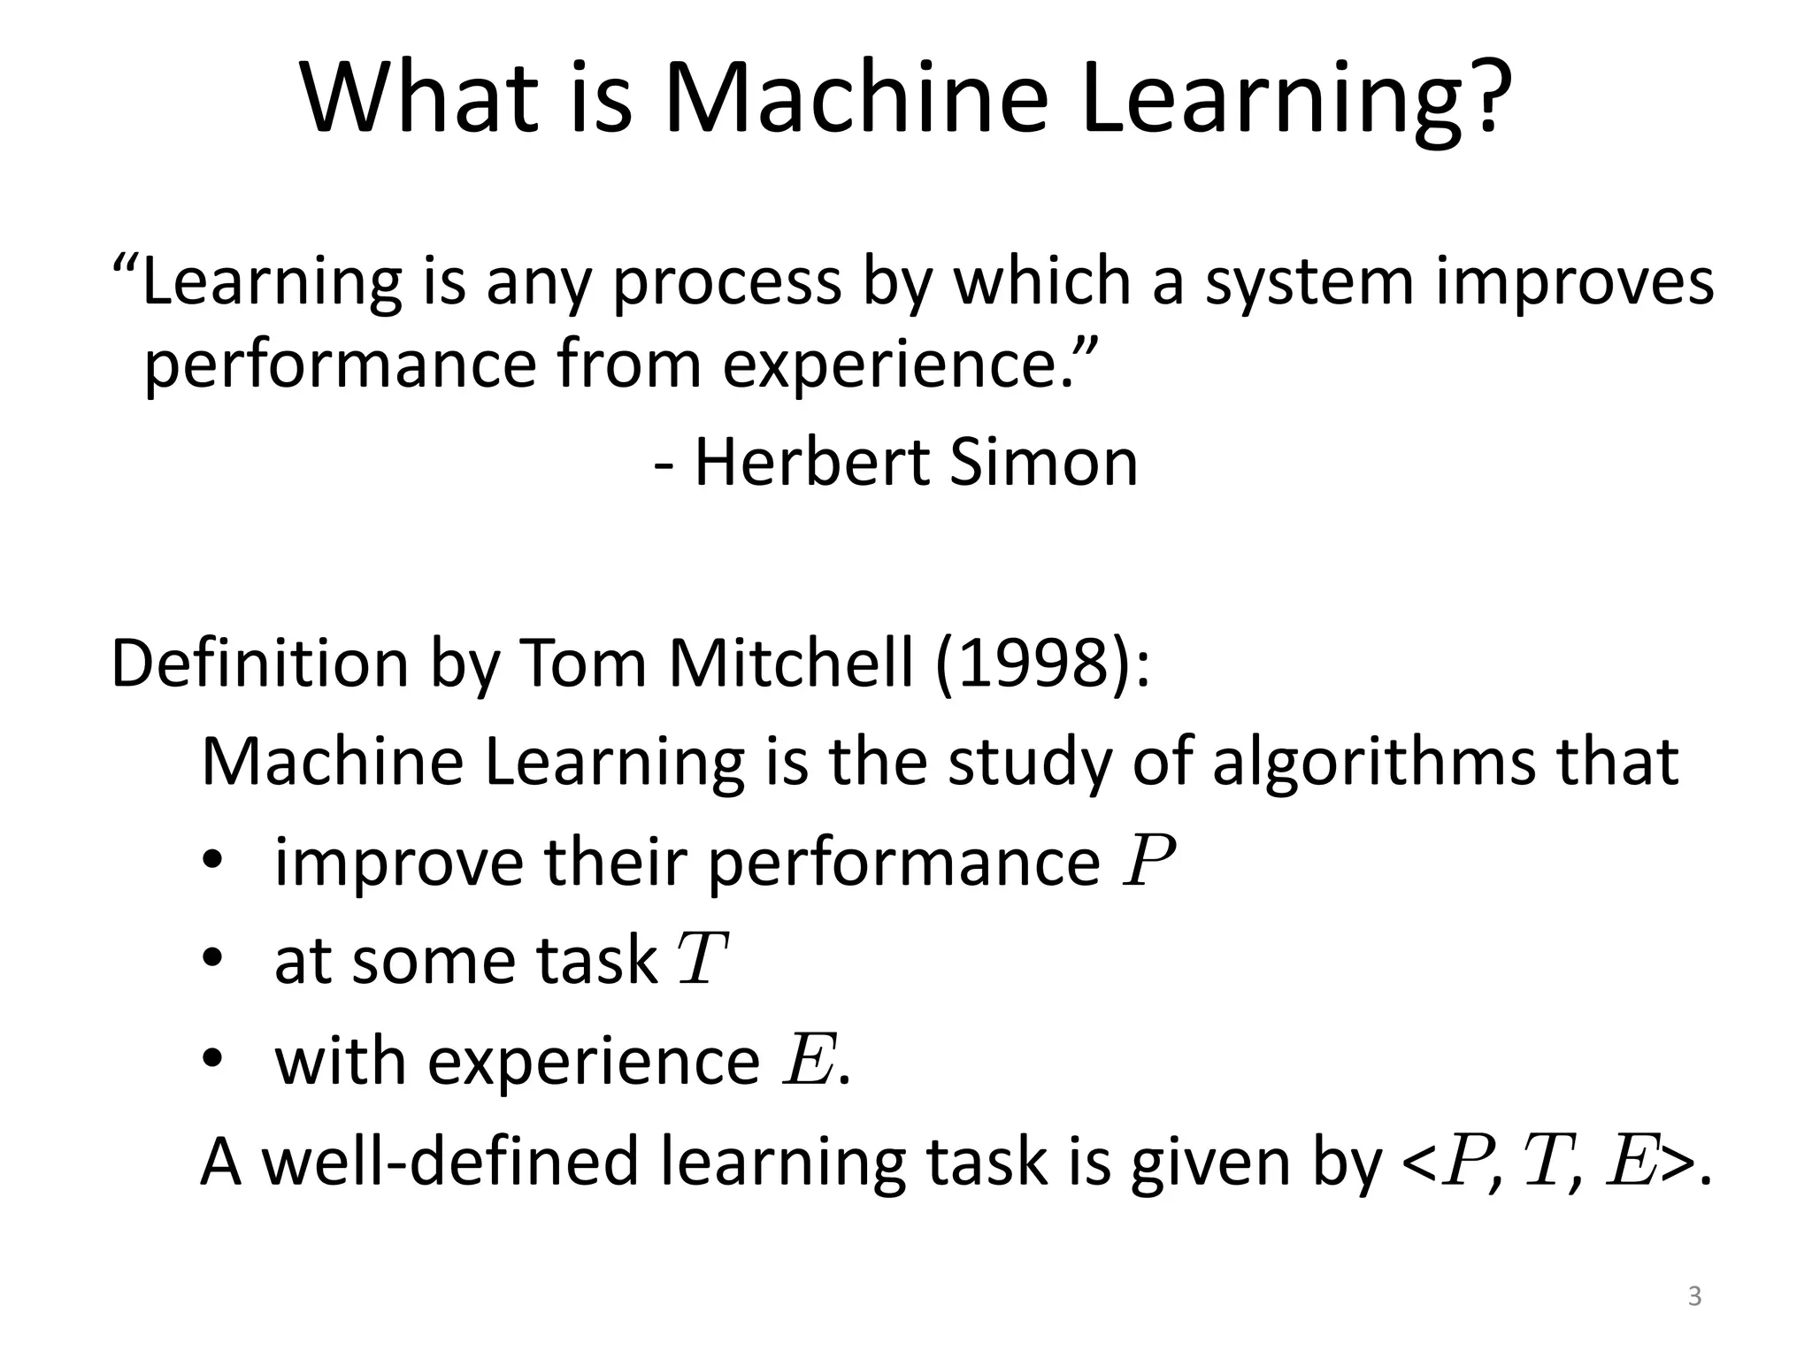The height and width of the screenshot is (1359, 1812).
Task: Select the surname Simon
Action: [1043, 462]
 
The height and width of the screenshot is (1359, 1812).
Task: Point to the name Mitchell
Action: [790, 664]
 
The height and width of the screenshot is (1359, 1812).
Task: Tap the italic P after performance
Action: [1148, 861]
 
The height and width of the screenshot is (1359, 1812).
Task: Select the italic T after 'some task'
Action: [702, 960]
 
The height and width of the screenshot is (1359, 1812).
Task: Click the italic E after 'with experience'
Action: [807, 1060]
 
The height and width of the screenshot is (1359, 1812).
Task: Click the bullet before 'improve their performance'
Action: [213, 861]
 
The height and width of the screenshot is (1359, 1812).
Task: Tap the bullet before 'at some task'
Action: [213, 960]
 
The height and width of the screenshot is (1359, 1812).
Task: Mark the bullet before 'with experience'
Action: [213, 1060]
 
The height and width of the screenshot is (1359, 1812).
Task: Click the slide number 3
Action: [1694, 1297]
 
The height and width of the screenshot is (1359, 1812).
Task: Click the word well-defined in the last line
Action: [451, 1162]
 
